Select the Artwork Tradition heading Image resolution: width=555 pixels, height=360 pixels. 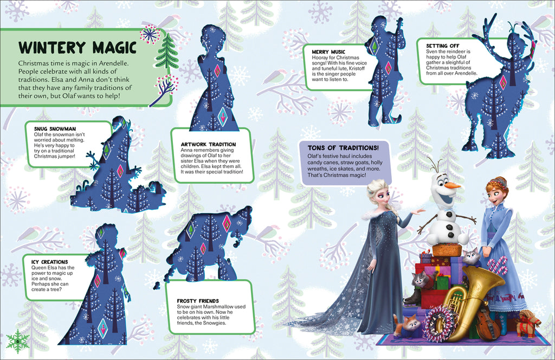coord(208,144)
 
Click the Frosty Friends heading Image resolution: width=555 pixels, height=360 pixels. coord(198,301)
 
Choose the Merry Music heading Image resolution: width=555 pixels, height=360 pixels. coord(328,52)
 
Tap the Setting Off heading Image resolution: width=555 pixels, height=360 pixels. coord(440,46)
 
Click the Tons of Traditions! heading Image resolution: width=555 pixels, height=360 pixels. coord(343,148)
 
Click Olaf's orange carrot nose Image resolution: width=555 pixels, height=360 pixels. coord(451,186)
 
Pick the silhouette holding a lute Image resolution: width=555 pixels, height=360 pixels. coord(385,70)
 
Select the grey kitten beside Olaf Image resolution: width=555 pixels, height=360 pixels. coord(470,256)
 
